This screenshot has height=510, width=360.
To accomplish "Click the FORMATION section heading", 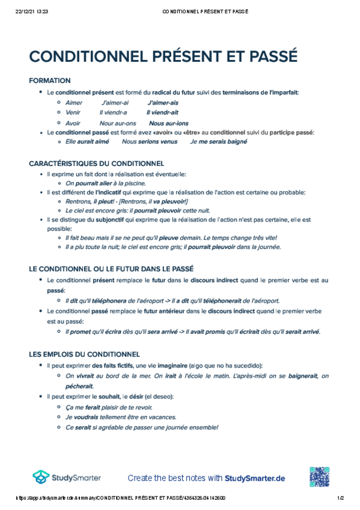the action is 50,81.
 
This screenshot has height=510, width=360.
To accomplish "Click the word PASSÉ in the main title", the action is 268,57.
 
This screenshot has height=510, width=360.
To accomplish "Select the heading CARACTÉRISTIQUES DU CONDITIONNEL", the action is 96,163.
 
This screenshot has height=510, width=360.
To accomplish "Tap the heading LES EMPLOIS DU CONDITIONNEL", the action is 84,354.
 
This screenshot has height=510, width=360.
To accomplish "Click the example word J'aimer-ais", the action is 163,102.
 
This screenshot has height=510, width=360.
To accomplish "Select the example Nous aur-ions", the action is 163,122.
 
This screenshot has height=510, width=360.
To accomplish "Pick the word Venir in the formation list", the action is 73,112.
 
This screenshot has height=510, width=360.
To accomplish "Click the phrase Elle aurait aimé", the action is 87,142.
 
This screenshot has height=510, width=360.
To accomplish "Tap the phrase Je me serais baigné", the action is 218,142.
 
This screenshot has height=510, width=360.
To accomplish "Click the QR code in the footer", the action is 320,477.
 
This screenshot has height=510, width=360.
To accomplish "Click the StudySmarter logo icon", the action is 41,478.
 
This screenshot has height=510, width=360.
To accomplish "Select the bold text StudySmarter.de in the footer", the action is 255,478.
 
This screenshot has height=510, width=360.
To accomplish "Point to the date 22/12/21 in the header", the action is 24,11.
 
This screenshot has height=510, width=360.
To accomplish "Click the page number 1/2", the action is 340,499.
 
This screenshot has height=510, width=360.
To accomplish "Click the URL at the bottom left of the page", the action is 120,499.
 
